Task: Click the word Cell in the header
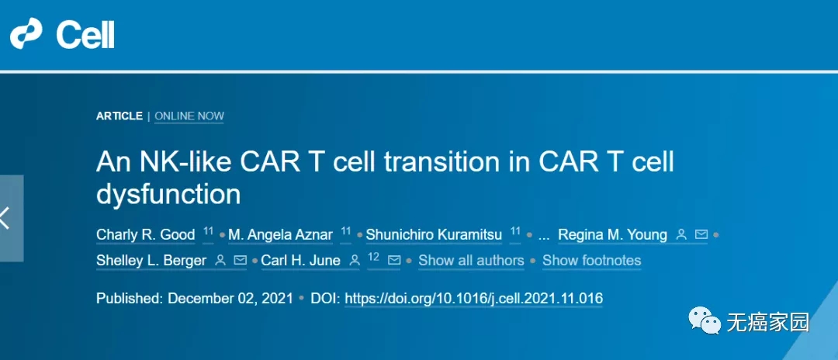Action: (x=85, y=35)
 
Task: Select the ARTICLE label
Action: (x=119, y=116)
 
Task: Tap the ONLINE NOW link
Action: (x=189, y=116)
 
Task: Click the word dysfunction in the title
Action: (x=168, y=194)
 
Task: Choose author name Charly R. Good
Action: (x=145, y=234)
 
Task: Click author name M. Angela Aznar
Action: (x=280, y=234)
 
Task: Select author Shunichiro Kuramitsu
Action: (x=433, y=234)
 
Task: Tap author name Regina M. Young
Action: (x=612, y=234)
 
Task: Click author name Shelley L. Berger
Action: (x=151, y=261)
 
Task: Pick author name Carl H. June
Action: (x=300, y=261)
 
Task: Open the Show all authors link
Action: (x=471, y=261)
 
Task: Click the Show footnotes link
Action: (x=591, y=261)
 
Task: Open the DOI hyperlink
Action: (x=473, y=299)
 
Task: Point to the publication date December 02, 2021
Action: (x=230, y=299)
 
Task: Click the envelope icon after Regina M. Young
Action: (x=701, y=234)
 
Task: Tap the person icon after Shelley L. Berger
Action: (x=220, y=261)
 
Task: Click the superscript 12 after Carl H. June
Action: (x=373, y=257)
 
